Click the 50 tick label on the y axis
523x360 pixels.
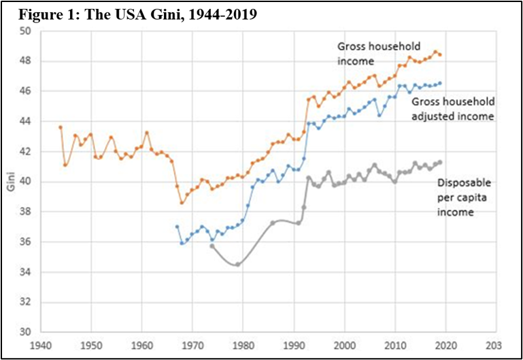click(26, 31)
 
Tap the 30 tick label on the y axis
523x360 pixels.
click(26, 332)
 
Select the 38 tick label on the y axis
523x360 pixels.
click(26, 212)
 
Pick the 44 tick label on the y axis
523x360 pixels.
click(26, 121)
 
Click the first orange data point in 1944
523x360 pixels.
click(61, 127)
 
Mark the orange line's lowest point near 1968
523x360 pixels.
click(182, 203)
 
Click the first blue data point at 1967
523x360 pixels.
click(177, 227)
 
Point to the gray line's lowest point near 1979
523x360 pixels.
click(237, 264)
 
